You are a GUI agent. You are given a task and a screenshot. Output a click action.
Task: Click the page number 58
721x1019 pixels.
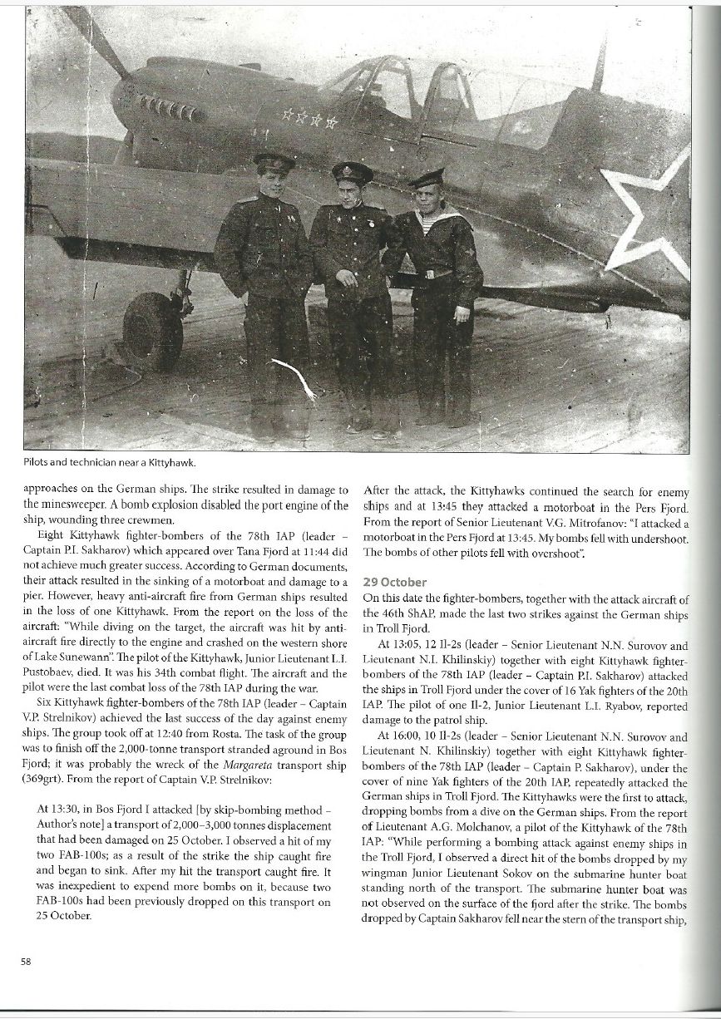point(25,962)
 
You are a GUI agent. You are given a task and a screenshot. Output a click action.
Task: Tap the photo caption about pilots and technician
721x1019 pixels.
point(105,462)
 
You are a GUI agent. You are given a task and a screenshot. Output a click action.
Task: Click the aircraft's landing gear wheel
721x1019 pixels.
point(153,331)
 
